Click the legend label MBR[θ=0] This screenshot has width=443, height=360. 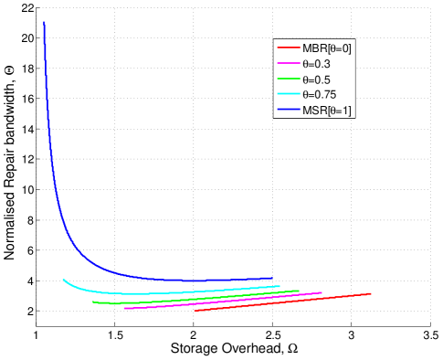(x=326, y=48)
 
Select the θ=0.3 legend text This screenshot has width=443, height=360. (x=316, y=64)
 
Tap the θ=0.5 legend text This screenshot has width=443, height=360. (x=316, y=79)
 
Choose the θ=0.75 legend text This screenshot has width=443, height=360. (x=319, y=95)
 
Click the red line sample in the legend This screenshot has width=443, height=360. (x=288, y=48)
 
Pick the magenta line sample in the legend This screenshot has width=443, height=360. (x=288, y=64)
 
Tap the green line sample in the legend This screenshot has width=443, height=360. (x=288, y=79)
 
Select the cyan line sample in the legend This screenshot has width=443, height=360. (x=288, y=95)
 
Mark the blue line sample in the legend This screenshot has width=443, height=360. (x=288, y=111)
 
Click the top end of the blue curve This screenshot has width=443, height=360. (x=44, y=22)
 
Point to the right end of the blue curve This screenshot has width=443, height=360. (x=273, y=278)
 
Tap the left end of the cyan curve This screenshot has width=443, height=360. (x=63, y=280)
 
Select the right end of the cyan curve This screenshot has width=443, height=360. (x=280, y=286)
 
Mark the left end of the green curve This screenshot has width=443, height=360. (x=93, y=302)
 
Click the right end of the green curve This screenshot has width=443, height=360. (x=299, y=291)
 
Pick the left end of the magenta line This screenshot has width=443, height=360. (x=124, y=309)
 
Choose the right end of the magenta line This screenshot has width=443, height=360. (x=322, y=292)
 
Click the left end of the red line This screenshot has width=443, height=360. (x=195, y=311)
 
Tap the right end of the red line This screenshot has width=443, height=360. (x=371, y=293)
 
